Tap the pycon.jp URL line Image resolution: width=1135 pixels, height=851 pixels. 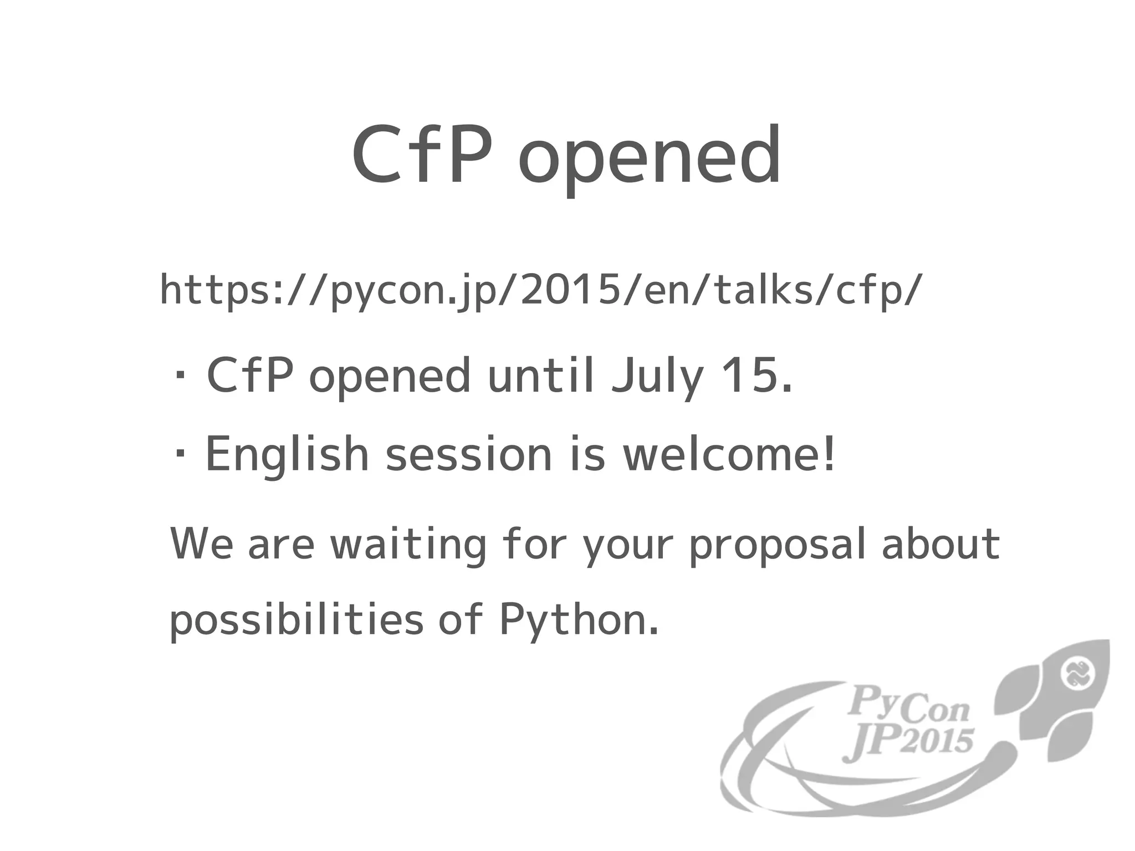coord(541,290)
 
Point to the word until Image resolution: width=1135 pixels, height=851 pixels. coord(541,375)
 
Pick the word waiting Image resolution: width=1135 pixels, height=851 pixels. coord(408,545)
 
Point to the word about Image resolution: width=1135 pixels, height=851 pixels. coord(940,543)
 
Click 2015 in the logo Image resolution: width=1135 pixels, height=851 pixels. coord(937,741)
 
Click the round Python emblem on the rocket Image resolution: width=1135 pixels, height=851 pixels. coord(1077,675)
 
